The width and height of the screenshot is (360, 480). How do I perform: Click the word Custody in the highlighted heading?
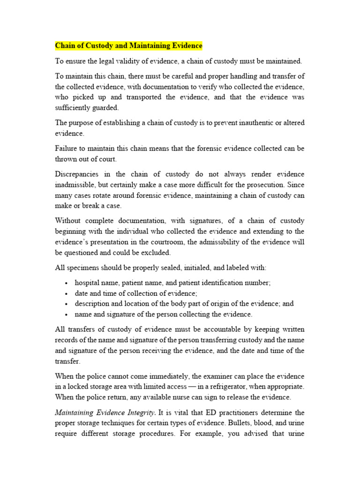pos(95,45)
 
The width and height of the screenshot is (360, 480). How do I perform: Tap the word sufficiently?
pos(74,107)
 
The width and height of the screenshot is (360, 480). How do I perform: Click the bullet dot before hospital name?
pos(67,283)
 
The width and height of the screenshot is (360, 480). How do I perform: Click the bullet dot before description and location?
pos(67,304)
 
